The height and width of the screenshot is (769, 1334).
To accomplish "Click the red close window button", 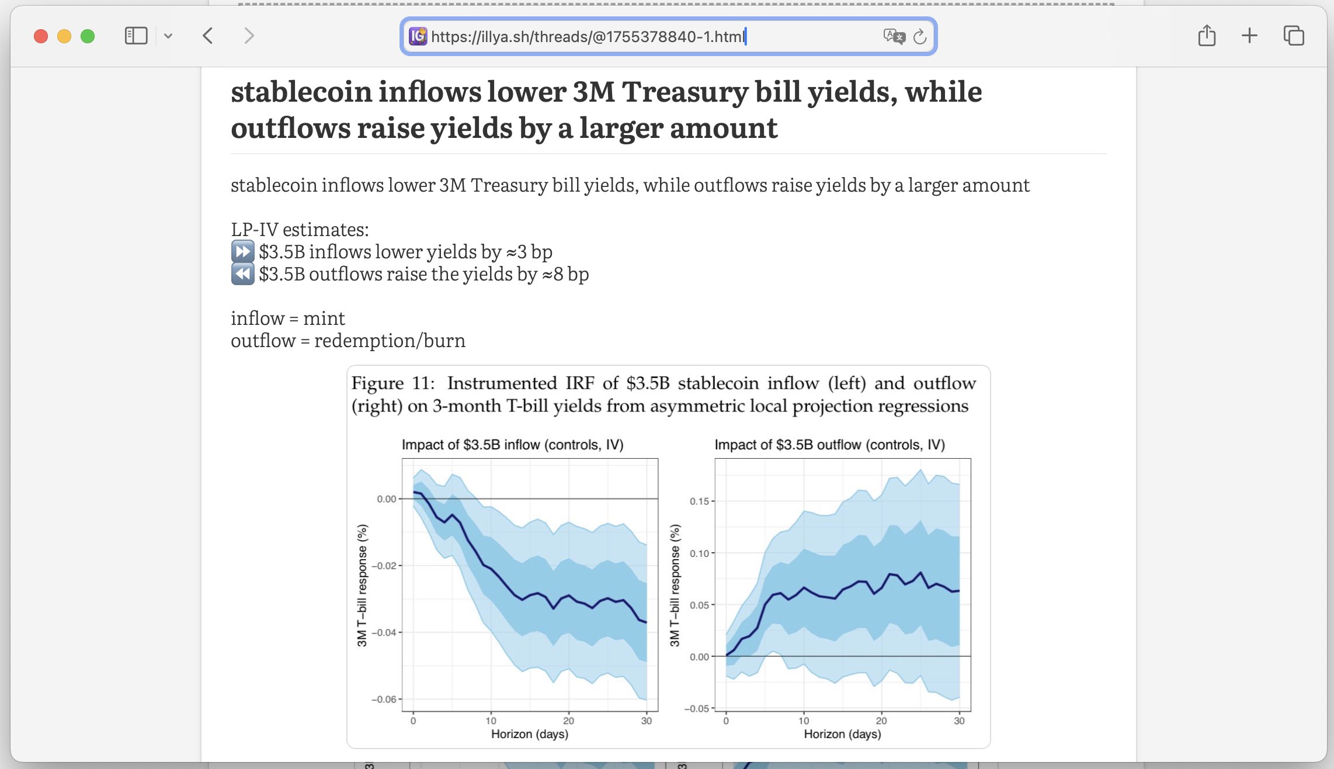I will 41,36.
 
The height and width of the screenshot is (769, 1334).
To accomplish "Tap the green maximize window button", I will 88,36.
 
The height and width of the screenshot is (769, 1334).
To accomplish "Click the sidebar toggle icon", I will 136,36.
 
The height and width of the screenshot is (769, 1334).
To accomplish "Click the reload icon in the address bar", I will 920,37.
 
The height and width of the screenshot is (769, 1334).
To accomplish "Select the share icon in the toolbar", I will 1207,36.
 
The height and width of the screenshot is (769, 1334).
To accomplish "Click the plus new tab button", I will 1249,36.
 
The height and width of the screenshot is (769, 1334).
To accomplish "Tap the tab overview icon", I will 1293,36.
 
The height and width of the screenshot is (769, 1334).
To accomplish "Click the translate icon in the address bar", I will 894,37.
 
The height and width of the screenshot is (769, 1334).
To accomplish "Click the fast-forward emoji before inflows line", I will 242,252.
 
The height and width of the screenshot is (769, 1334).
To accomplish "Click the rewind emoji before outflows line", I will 242,274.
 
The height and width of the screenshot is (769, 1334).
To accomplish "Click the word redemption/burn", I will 390,341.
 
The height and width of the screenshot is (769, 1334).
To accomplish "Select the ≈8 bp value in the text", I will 565,274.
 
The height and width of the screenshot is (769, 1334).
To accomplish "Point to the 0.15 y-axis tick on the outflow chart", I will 699,501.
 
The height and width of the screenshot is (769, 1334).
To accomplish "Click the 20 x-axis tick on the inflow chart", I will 568,720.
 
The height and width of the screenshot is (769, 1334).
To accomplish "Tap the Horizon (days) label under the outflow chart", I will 842,734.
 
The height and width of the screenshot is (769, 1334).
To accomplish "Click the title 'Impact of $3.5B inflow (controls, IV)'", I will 512,445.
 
